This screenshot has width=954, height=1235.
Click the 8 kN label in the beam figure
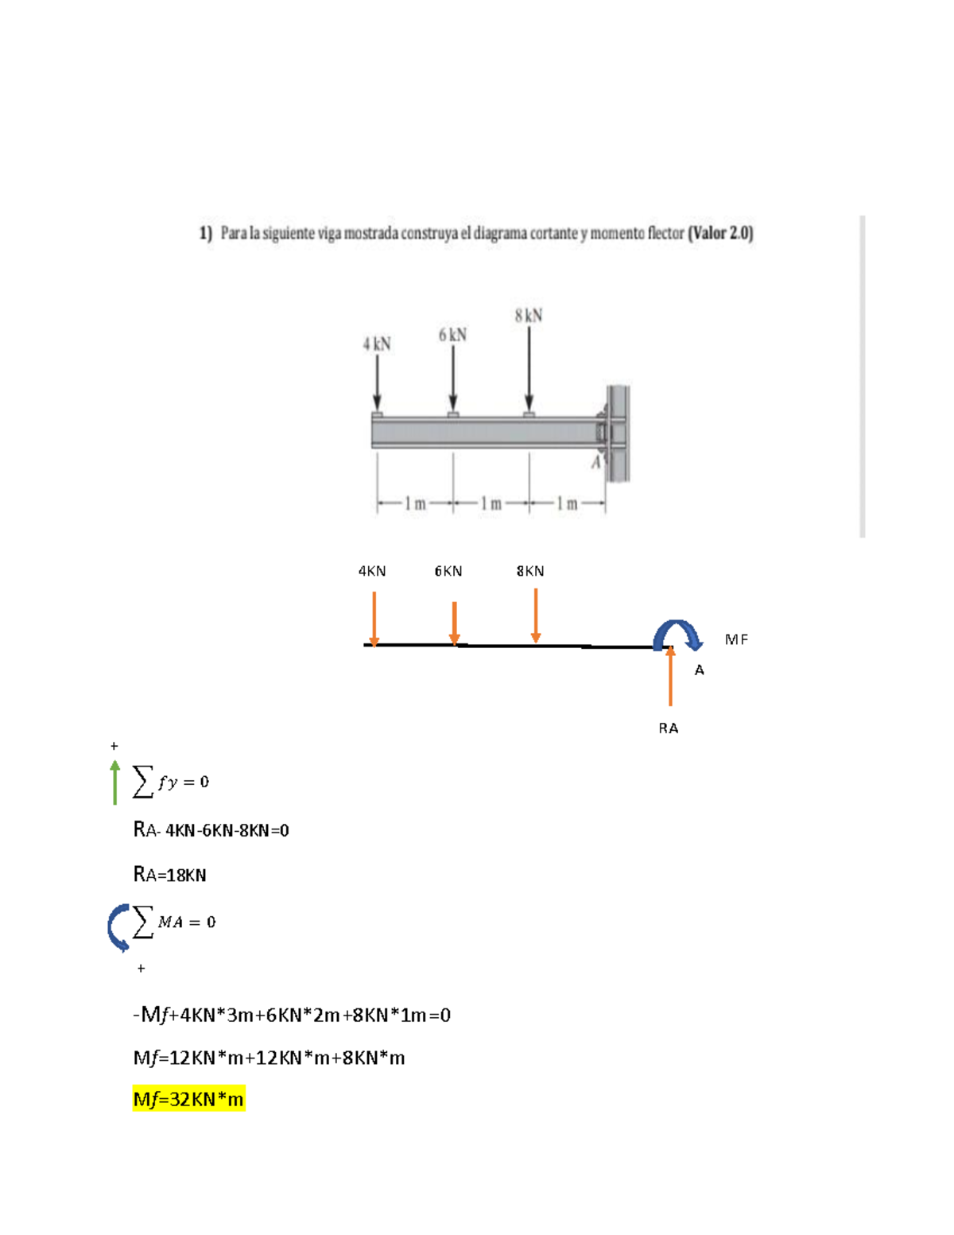click(529, 316)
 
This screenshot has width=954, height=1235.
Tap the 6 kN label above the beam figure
click(452, 335)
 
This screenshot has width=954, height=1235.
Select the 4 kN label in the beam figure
click(377, 344)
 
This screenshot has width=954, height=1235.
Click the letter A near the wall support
click(595, 463)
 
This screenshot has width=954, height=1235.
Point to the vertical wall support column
click(618, 433)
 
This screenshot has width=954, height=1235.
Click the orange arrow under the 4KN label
click(374, 619)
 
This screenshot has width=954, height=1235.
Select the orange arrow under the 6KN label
click(454, 623)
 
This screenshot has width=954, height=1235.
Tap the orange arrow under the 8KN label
click(536, 615)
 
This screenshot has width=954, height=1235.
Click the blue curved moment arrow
click(677, 634)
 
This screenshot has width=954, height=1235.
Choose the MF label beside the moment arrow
click(736, 639)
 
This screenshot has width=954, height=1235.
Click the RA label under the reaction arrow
click(669, 728)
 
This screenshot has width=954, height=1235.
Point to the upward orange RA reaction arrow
click(670, 677)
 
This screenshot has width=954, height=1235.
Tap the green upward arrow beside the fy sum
click(115, 782)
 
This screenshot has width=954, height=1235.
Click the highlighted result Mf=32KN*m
click(188, 1099)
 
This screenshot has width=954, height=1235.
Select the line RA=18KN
click(169, 875)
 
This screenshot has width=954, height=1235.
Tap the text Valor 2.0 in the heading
click(720, 233)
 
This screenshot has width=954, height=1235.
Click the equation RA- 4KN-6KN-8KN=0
click(211, 830)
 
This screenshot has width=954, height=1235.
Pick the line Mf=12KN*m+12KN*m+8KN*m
click(269, 1058)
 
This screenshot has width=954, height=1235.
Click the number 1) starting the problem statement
click(206, 233)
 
